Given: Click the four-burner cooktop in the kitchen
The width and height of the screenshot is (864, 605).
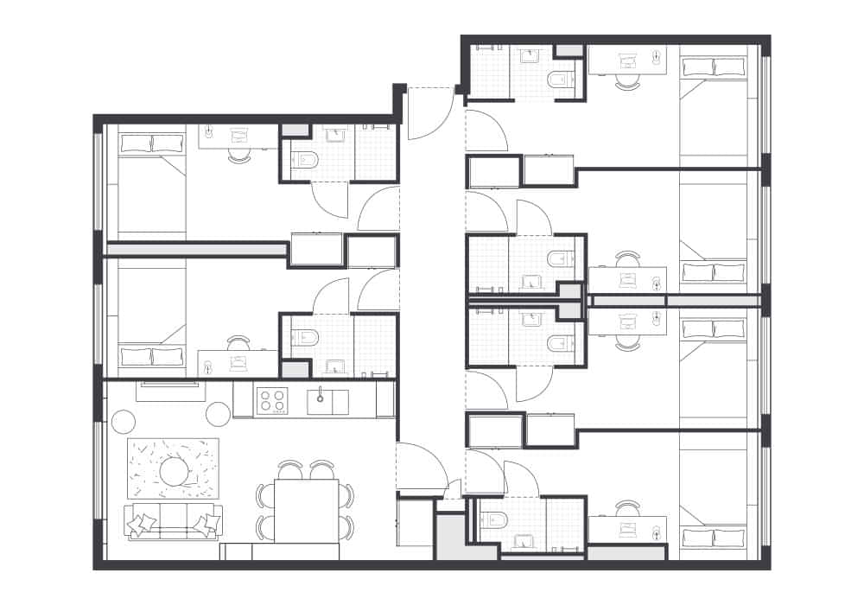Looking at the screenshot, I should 273,401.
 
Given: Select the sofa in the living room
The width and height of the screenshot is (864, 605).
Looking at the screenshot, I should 172,522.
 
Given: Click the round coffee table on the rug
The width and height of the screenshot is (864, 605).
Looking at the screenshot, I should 174,470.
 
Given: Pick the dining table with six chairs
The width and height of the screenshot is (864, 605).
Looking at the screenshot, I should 307,510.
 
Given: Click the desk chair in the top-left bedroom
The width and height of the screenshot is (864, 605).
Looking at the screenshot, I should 238,154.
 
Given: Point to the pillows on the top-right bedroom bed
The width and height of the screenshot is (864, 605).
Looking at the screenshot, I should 713,67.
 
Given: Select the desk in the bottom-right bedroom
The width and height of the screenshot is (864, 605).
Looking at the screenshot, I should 627,528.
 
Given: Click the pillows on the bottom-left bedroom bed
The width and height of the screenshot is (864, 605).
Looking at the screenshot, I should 152,355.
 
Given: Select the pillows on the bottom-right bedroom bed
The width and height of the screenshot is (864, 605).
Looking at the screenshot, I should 713,537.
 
